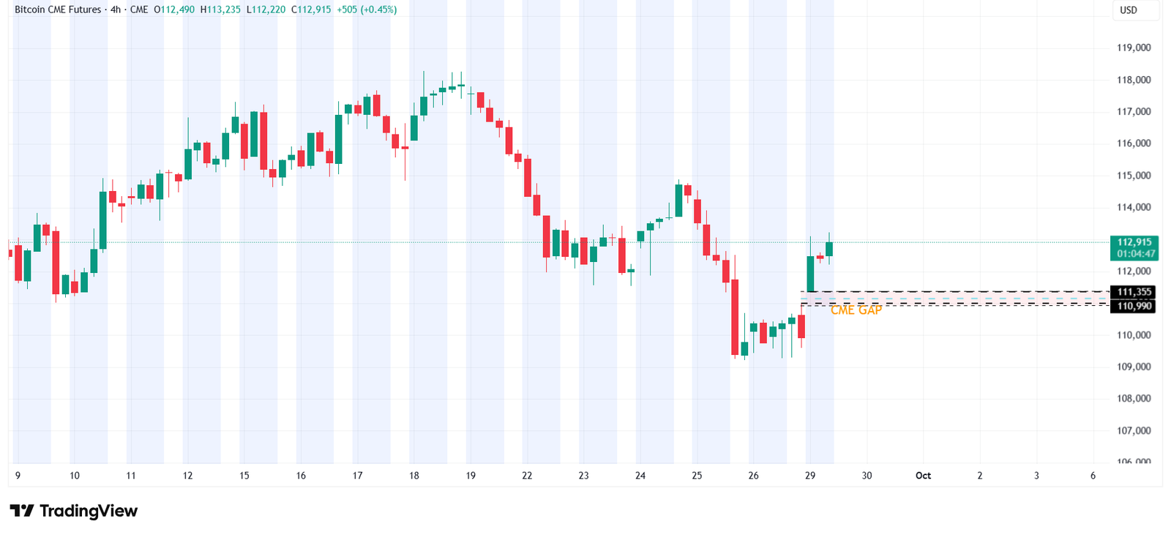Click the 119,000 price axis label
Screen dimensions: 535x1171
click(1133, 48)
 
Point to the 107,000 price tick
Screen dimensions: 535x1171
click(1133, 430)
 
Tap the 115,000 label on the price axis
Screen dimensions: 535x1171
click(1133, 176)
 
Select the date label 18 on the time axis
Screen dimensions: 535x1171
click(414, 476)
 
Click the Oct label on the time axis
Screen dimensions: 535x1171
click(923, 476)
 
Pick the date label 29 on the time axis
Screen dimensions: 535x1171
click(810, 476)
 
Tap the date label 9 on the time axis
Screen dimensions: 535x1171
click(18, 476)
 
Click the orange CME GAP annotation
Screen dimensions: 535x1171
click(856, 310)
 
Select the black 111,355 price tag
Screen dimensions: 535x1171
click(1134, 292)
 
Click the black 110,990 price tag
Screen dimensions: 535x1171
click(1134, 306)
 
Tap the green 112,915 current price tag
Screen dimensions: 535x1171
click(1134, 242)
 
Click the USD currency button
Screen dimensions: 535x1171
click(1129, 10)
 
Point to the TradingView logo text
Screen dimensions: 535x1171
click(88, 511)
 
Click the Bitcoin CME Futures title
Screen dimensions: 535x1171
click(58, 10)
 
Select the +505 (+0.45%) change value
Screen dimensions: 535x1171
click(367, 10)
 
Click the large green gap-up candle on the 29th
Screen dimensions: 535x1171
click(810, 274)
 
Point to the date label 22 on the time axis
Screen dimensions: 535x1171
click(527, 476)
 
